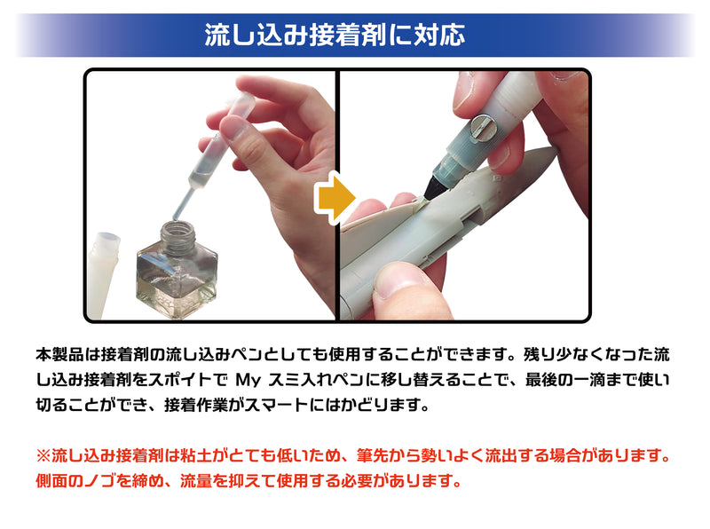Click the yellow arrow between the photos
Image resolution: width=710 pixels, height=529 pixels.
pyautogui.click(x=335, y=196)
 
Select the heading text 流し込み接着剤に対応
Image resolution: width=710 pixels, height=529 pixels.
pyautogui.click(x=335, y=35)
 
